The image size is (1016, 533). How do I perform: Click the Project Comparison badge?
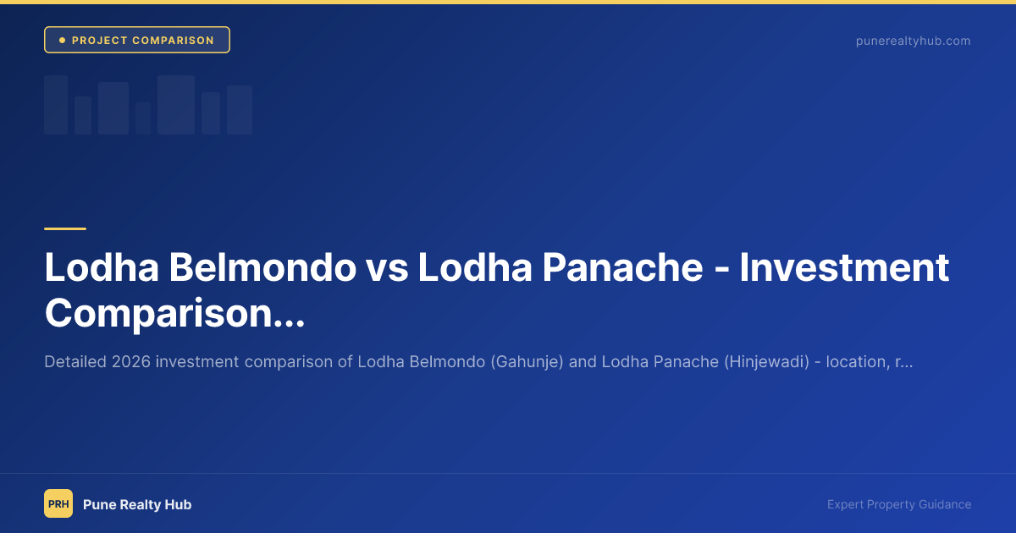tap(137, 41)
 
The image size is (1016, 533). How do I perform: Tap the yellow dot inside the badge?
tap(62, 41)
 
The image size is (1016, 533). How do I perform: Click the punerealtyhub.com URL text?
tap(913, 41)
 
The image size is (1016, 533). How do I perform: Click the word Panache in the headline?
tap(623, 268)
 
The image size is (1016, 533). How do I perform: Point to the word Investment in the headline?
tap(844, 268)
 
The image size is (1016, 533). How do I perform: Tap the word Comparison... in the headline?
tap(174, 313)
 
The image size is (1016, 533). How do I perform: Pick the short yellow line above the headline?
tap(65, 228)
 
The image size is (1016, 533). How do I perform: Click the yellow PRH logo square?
tap(58, 504)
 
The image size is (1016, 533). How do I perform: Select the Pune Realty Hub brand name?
tap(137, 504)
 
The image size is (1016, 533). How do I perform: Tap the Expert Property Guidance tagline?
tap(899, 504)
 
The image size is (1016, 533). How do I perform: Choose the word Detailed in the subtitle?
tap(75, 362)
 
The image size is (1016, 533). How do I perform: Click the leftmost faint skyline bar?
tap(56, 105)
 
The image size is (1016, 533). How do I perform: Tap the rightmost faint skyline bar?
tap(240, 110)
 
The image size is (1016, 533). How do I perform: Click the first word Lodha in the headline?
tap(101, 268)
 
